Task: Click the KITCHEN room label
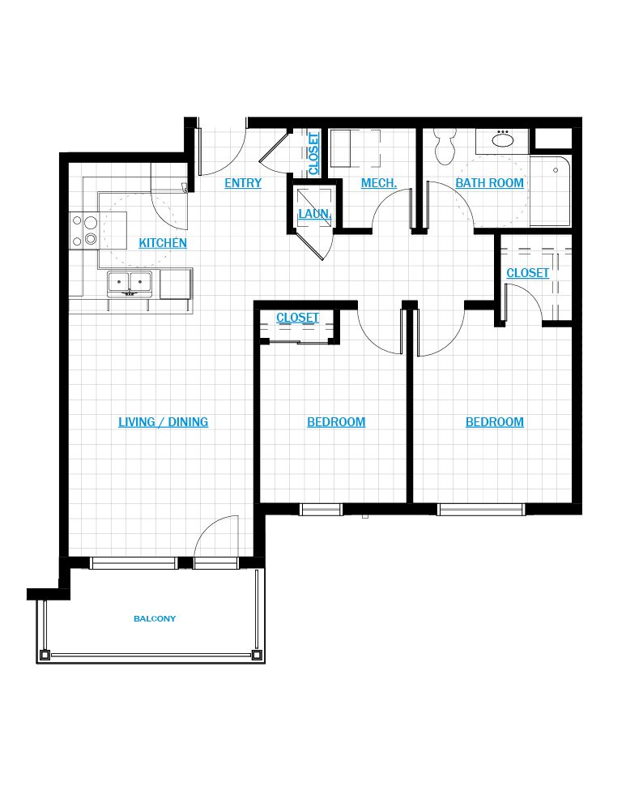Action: pyautogui.click(x=163, y=242)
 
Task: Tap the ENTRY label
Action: pyautogui.click(x=243, y=183)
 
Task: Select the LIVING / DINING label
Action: pyautogui.click(x=164, y=422)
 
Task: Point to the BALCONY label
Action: pyautogui.click(x=155, y=618)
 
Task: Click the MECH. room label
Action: pyautogui.click(x=379, y=183)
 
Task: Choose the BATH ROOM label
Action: pyautogui.click(x=490, y=183)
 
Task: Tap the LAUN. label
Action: pyautogui.click(x=314, y=214)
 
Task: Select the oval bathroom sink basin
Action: pyautogui.click(x=502, y=139)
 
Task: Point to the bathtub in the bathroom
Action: pyautogui.click(x=550, y=190)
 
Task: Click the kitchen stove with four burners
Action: pyautogui.click(x=84, y=231)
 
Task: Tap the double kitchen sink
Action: pyautogui.click(x=130, y=284)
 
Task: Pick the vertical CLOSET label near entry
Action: pyautogui.click(x=313, y=153)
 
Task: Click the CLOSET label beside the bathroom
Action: pyautogui.click(x=528, y=273)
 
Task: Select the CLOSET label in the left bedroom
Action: pyautogui.click(x=297, y=318)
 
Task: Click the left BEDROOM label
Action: pyautogui.click(x=336, y=422)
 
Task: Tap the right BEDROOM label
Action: pyautogui.click(x=495, y=422)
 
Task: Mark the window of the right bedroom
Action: pyautogui.click(x=481, y=510)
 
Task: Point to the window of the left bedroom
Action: pyautogui.click(x=321, y=510)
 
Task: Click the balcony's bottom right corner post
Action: pyautogui.click(x=257, y=655)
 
